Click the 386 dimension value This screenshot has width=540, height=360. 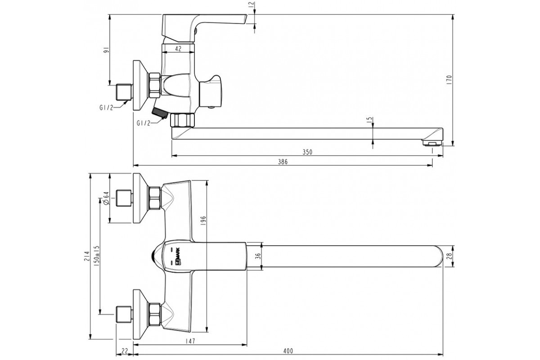[283, 162]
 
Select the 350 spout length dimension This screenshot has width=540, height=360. [307, 152]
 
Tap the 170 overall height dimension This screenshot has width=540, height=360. [449, 80]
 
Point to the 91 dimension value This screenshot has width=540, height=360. [106, 50]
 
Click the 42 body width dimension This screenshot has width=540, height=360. [178, 49]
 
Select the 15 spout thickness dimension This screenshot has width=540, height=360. [369, 120]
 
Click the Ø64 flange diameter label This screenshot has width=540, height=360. [106, 198]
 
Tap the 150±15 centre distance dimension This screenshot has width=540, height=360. [97, 256]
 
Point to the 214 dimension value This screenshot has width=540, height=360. [87, 256]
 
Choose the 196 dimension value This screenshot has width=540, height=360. [203, 220]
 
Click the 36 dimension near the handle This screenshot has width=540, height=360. [258, 256]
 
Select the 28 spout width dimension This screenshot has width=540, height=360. [449, 256]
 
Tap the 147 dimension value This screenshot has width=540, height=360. [190, 341]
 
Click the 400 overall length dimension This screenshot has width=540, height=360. [288, 351]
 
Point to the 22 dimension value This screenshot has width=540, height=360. [124, 351]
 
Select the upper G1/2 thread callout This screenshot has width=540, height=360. [106, 108]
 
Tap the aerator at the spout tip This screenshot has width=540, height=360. [432, 143]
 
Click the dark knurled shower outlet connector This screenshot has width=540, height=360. [159, 113]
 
